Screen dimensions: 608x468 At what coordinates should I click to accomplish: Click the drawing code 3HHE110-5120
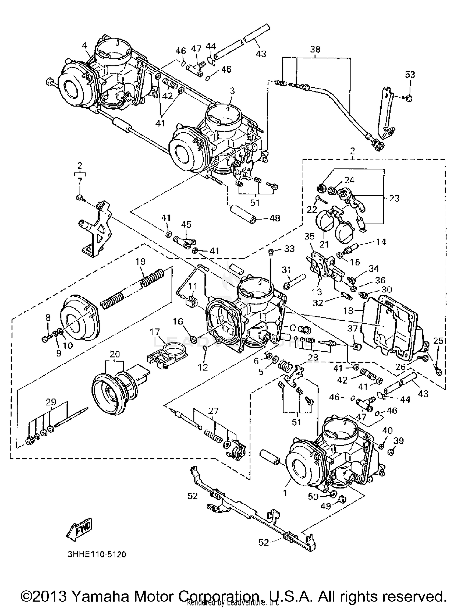(x=97, y=555)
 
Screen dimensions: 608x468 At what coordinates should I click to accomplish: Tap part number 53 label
(x=410, y=75)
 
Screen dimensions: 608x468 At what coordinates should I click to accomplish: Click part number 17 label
(x=155, y=332)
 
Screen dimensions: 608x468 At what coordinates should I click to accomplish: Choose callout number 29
(x=51, y=402)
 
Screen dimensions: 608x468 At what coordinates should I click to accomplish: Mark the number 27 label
(x=213, y=411)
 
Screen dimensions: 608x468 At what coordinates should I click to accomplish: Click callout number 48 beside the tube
(x=275, y=218)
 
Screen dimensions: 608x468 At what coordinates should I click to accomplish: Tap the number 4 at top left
(x=84, y=45)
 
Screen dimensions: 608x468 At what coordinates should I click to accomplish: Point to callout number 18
(x=349, y=311)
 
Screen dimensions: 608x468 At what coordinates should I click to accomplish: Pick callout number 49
(x=326, y=506)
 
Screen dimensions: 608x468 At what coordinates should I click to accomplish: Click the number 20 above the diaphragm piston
(x=115, y=354)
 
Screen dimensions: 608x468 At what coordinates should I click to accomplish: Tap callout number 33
(x=289, y=249)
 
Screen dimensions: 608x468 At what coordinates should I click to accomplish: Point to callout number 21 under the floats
(x=324, y=244)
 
